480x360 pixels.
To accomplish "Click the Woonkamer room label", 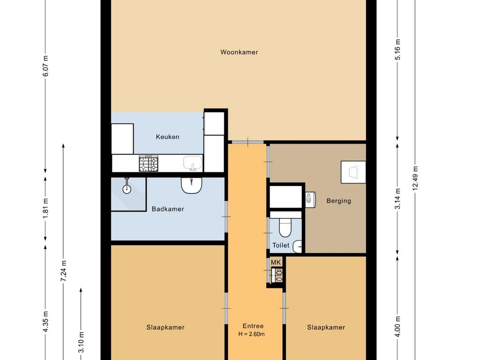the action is coord(239,52).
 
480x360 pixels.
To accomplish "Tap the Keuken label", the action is coord(167,137).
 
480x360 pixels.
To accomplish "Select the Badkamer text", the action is coord(168,209).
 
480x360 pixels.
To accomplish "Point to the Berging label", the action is coord(338,201).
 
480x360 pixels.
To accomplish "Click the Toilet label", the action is coord(281,245).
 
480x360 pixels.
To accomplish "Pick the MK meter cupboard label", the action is coord(276,262).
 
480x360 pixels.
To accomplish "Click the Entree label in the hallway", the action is coord(253,326).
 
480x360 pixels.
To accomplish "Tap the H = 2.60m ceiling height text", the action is coord(252,334).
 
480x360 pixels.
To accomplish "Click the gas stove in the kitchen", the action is coord(149,164).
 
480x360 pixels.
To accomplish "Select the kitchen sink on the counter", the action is coord(193,163).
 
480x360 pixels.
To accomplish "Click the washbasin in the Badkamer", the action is coord(191,186).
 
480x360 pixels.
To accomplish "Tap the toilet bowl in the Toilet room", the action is coord(285,227).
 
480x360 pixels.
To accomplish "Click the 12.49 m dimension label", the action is coord(415,178).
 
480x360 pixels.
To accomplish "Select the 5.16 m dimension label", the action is coord(397,50).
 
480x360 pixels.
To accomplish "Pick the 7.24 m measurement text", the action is coord(63,271).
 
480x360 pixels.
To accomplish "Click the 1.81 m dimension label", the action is coord(45,208).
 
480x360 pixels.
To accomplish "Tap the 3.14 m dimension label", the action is coord(397,199).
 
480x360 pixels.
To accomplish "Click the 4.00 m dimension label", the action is coord(397,326).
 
